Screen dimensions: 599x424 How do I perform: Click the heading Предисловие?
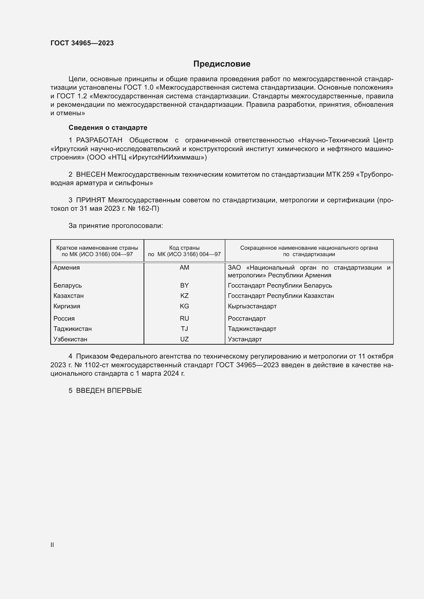222,64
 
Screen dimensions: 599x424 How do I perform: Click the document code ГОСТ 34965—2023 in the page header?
82,43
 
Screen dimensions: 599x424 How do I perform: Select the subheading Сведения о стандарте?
108,128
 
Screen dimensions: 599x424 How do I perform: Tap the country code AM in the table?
184,267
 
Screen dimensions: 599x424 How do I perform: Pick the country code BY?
184,285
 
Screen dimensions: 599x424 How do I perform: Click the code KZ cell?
184,296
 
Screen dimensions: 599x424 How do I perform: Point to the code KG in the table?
184,306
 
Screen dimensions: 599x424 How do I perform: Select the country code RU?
184,318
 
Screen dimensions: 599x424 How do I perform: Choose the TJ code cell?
184,329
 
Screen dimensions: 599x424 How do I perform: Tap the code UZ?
184,339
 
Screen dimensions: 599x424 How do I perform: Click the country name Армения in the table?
67,267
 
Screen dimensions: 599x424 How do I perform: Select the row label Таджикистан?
73,329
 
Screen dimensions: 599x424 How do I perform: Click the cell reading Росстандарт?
247,318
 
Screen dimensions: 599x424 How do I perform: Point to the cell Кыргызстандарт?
252,306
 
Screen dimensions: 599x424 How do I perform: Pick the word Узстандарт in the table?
245,339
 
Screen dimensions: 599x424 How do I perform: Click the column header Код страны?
184,248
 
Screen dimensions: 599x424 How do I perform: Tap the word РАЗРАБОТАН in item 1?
99,140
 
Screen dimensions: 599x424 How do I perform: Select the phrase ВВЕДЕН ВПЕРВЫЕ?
109,391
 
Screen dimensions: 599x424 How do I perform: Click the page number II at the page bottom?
52,545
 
